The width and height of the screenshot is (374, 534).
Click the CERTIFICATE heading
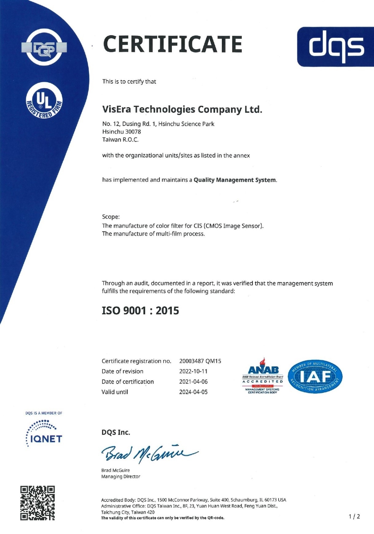pos(173,44)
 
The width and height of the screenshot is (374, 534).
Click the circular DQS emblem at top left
pos(44,48)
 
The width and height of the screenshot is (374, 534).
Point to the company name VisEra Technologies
pos(182,110)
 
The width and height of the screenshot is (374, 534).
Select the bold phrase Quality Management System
pos(235,180)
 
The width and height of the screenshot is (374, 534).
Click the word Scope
pos(111,217)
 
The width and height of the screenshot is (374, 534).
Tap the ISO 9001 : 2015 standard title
pos(140,311)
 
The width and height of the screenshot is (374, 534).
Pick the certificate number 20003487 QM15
pos(200,361)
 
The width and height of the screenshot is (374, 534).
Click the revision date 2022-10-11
pos(193,371)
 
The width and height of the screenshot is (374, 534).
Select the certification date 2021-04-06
pos(193,382)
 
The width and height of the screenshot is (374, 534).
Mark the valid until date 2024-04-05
pos(193,392)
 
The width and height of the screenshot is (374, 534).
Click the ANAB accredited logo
pos(263,376)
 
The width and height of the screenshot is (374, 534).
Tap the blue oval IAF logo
pos(315,377)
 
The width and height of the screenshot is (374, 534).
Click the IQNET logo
pos(44,434)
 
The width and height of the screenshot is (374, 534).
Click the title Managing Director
pos(121,477)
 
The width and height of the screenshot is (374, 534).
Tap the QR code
pos(37,503)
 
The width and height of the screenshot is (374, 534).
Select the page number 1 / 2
pos(354,517)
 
